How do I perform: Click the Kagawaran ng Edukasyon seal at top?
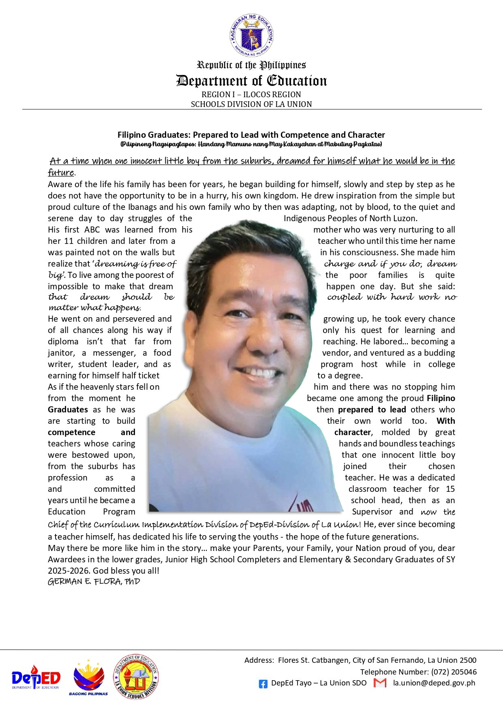[251, 36]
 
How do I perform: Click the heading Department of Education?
[251, 81]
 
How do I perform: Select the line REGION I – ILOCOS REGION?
[251, 94]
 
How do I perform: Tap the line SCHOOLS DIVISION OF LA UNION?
[251, 104]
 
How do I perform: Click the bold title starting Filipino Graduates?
[251, 135]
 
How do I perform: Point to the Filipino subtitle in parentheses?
[251, 144]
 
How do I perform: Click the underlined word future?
[61, 173]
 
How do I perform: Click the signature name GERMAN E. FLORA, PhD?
[94, 582]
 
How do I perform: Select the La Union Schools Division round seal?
[135, 677]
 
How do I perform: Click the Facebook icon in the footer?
[263, 684]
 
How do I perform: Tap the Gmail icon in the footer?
[380, 683]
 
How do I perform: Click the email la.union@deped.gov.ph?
[434, 683]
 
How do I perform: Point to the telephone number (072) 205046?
[454, 672]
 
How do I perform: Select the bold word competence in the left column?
[71, 432]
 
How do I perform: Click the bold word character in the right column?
[352, 432]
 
